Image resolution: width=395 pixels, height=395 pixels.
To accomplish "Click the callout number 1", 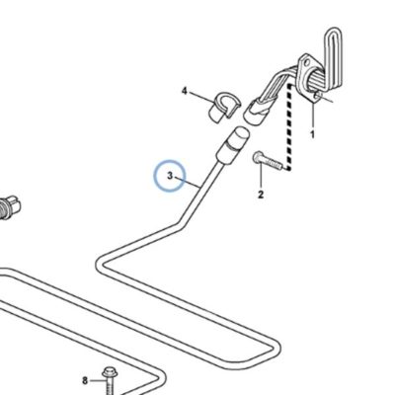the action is click(312, 134).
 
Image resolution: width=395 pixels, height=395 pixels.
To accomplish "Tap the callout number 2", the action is click(261, 195).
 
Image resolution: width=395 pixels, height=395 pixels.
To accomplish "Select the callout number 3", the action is click(170, 176).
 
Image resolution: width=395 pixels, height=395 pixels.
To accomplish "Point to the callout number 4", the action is click(185, 91).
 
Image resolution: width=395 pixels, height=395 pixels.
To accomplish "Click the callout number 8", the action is click(85, 381).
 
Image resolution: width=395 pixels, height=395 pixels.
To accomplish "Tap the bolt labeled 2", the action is click(268, 160).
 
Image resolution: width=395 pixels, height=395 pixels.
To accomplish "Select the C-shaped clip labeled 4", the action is click(224, 107).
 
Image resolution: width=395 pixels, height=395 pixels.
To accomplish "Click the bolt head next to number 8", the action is click(109, 372).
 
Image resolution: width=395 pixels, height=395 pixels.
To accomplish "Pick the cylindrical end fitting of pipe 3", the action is click(232, 145).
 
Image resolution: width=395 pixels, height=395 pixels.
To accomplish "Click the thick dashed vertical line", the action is click(289, 127).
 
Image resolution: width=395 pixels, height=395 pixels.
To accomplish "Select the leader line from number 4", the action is click(201, 97).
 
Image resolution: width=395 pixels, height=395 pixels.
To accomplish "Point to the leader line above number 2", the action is click(261, 175).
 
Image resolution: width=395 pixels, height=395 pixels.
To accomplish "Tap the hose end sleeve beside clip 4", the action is click(256, 113).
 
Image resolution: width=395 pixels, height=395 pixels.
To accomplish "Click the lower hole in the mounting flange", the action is click(317, 96).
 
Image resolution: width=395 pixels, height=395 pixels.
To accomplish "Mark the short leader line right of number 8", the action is click(96, 381).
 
